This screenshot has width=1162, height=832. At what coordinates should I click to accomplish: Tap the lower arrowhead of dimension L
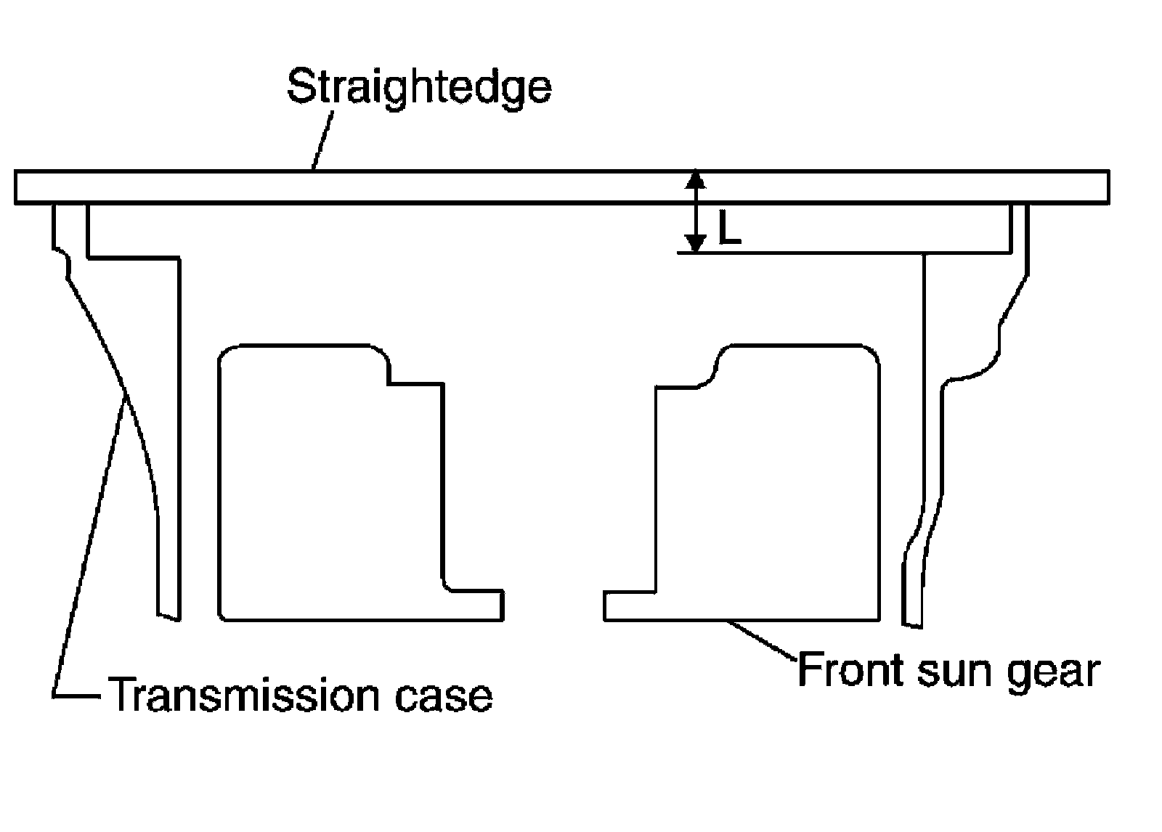(x=696, y=245)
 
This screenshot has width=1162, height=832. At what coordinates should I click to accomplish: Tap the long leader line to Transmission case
(x=87, y=545)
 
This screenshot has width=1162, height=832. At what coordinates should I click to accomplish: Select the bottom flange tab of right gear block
(x=629, y=606)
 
